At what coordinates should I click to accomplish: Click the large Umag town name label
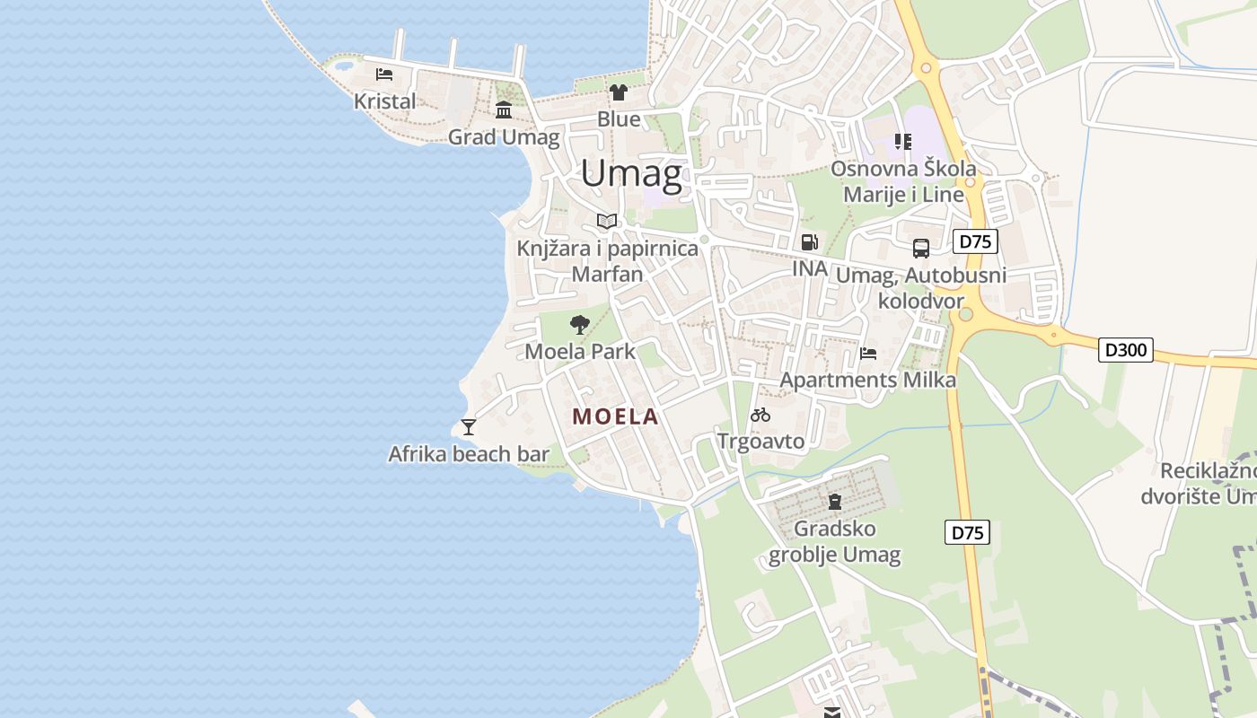pyautogui.click(x=631, y=173)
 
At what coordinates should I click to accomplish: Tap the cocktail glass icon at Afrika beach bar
pyautogui.click(x=468, y=427)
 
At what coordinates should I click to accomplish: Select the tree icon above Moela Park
pyautogui.click(x=580, y=324)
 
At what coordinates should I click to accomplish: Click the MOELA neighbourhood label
pyautogui.click(x=616, y=416)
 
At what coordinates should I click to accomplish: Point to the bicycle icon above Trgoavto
pyautogui.click(x=760, y=415)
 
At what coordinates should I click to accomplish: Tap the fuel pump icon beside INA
pyautogui.click(x=809, y=241)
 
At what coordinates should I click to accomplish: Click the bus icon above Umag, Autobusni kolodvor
pyautogui.click(x=921, y=249)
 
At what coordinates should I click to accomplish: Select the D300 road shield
pyautogui.click(x=1126, y=349)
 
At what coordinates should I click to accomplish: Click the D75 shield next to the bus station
pyautogui.click(x=975, y=241)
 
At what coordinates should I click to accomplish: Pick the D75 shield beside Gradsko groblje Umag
pyautogui.click(x=968, y=532)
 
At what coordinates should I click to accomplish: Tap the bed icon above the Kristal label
pyautogui.click(x=384, y=74)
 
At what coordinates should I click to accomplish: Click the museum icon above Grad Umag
pyautogui.click(x=504, y=110)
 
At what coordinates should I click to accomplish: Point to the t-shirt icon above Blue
pyautogui.click(x=619, y=92)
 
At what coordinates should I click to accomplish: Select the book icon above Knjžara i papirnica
pyautogui.click(x=607, y=221)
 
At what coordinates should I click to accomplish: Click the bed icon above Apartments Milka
pyautogui.click(x=868, y=353)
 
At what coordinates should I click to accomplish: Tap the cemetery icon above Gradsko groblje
pyautogui.click(x=835, y=501)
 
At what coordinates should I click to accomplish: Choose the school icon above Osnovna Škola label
pyautogui.click(x=903, y=142)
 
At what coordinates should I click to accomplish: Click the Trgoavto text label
pyautogui.click(x=760, y=441)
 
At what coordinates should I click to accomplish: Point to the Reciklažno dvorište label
pyautogui.click(x=1203, y=483)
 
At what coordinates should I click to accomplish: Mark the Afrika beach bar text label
pyautogui.click(x=468, y=454)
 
